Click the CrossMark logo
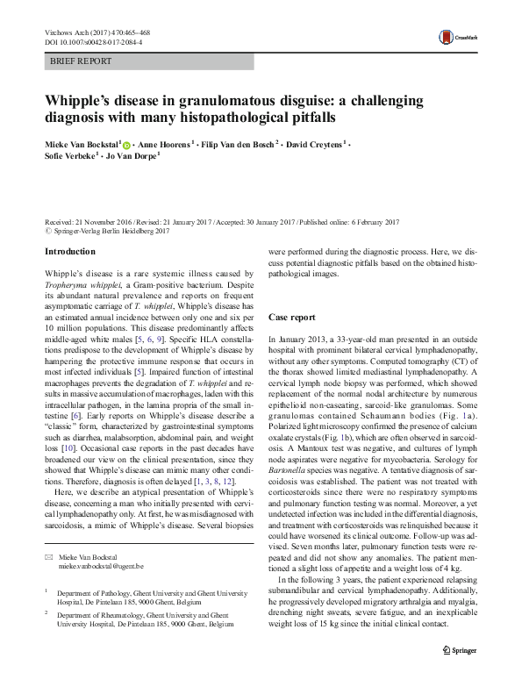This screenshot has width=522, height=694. click(456, 37)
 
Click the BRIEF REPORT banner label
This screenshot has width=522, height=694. click(81, 61)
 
